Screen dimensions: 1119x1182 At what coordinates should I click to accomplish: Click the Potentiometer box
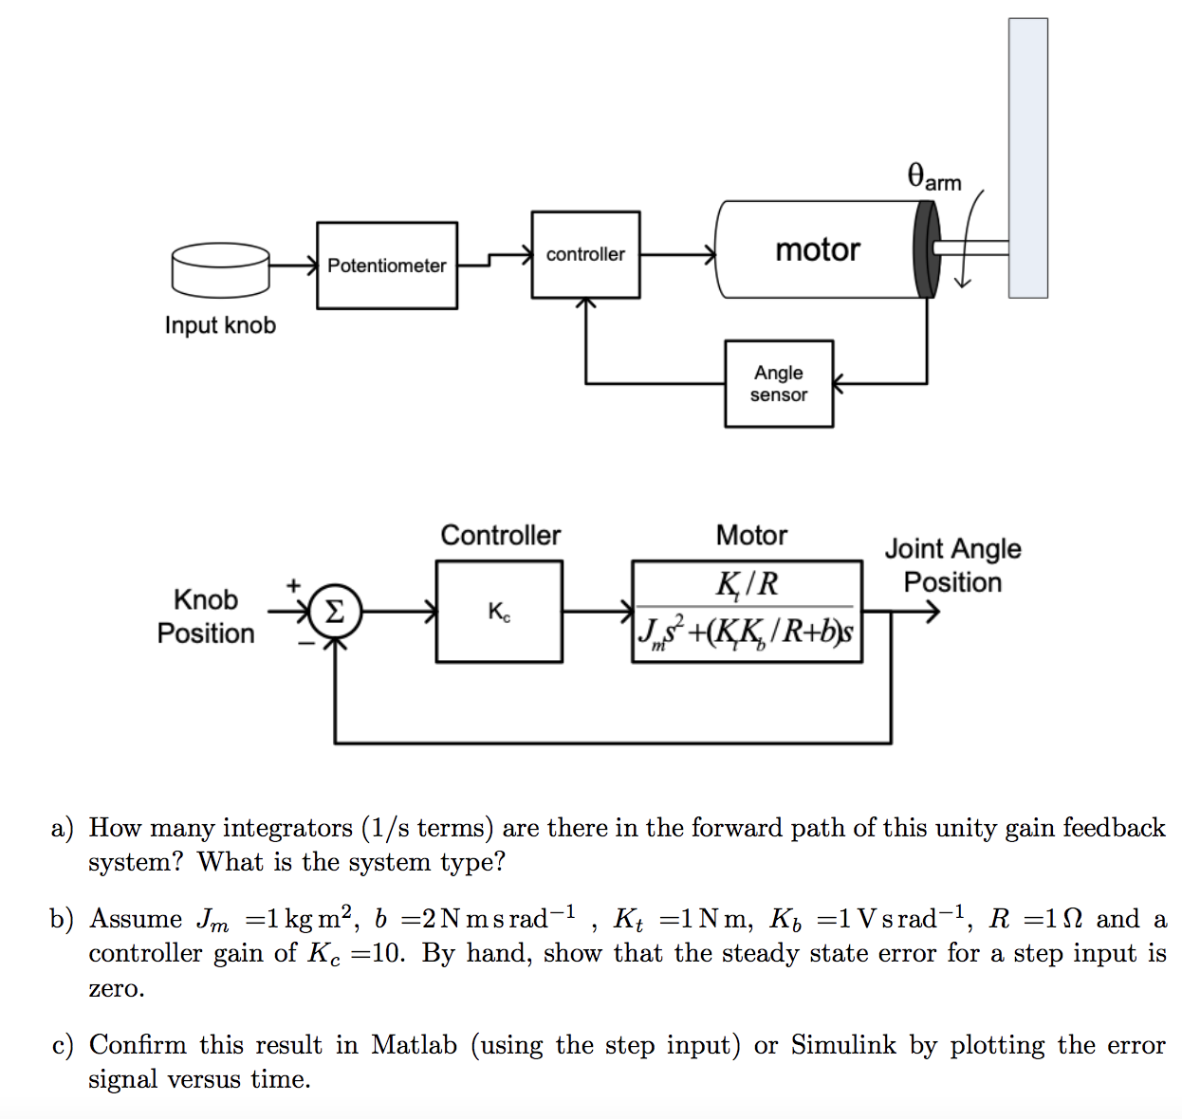coord(386,266)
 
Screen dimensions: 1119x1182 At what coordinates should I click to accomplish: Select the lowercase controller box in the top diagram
coord(585,254)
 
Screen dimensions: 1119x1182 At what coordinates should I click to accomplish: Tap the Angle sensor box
coord(779,384)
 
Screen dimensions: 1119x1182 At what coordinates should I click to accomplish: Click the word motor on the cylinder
coord(817,249)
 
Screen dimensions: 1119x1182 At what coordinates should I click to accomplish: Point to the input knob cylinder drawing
coord(220,268)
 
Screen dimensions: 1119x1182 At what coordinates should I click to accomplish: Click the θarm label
coord(934,177)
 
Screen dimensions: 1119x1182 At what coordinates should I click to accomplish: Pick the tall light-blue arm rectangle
coord(1027,157)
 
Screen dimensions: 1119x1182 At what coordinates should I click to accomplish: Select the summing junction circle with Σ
coord(335,612)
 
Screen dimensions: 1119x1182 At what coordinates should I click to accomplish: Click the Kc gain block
coord(499,612)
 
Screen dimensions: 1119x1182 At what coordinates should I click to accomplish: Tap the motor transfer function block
coord(747,612)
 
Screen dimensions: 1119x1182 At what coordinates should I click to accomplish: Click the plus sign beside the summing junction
coord(293,585)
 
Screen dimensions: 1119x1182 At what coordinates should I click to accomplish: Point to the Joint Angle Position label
coord(952,565)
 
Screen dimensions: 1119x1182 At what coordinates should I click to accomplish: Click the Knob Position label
coord(206,616)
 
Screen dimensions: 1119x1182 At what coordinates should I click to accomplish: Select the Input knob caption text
coord(220,325)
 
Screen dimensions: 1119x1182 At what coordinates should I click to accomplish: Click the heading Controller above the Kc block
coord(500,536)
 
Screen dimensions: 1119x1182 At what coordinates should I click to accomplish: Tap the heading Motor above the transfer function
coord(751,536)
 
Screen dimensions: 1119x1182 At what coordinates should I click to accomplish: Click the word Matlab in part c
coord(414,1045)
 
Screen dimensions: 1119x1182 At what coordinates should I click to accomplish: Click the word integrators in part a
coord(286,828)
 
